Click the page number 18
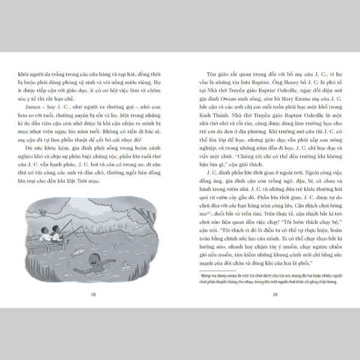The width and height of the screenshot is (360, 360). [x=93, y=294]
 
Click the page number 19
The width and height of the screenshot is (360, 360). [x=274, y=294]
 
